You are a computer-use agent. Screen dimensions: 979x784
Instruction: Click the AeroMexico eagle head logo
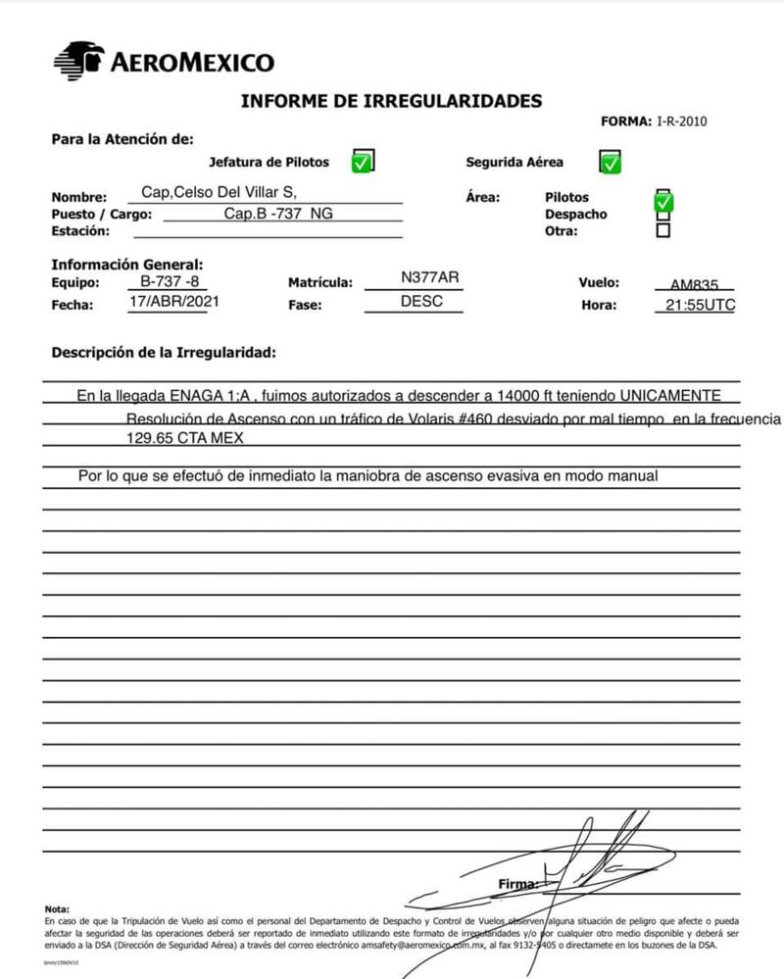[78, 61]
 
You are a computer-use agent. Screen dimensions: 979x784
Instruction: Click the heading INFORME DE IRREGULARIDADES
[390, 101]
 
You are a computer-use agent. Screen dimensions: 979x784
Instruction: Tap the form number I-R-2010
[681, 122]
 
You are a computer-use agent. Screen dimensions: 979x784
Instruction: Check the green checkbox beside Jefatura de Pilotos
[362, 162]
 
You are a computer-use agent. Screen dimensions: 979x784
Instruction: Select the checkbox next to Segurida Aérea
[610, 162]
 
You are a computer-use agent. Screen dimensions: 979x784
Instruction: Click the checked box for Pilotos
[663, 200]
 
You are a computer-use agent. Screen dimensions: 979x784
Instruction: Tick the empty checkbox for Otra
[663, 231]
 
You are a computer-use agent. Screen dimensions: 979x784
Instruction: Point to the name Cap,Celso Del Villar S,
[219, 191]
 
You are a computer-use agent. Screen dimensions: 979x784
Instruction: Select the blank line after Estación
[268, 232]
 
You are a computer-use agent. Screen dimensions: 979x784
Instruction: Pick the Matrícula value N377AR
[429, 277]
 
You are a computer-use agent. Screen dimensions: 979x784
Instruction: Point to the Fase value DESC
[421, 302]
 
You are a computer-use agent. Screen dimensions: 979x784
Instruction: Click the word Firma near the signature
[517, 884]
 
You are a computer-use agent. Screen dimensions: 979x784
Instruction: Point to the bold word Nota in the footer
[57, 909]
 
